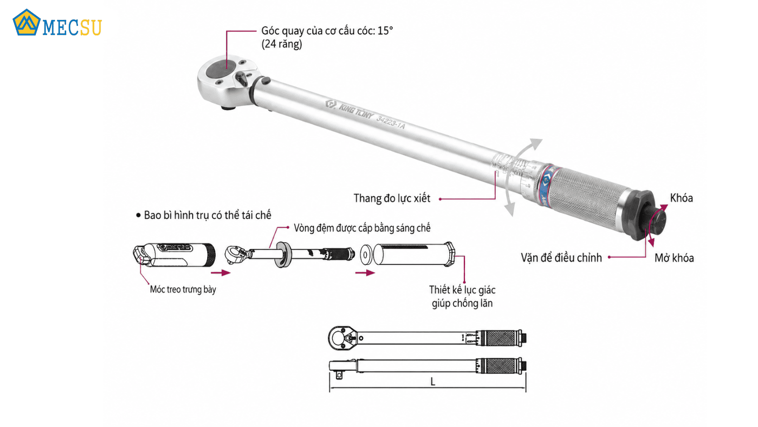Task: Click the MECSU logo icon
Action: point(26,22)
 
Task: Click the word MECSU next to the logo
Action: point(72,28)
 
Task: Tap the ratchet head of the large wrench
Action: point(227,81)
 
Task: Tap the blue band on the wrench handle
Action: point(545,185)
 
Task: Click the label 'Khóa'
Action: point(681,198)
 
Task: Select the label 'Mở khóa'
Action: point(674,258)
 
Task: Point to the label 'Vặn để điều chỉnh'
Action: point(561,258)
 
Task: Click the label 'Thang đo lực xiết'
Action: point(392,198)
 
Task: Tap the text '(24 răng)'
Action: point(282,44)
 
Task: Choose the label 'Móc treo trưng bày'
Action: point(183,290)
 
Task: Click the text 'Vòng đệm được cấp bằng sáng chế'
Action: point(362,228)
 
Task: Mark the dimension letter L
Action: point(433,382)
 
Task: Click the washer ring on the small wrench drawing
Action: point(283,255)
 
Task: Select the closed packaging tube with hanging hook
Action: point(174,255)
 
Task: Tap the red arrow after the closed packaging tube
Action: point(221,273)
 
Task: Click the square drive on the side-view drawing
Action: point(338,375)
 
